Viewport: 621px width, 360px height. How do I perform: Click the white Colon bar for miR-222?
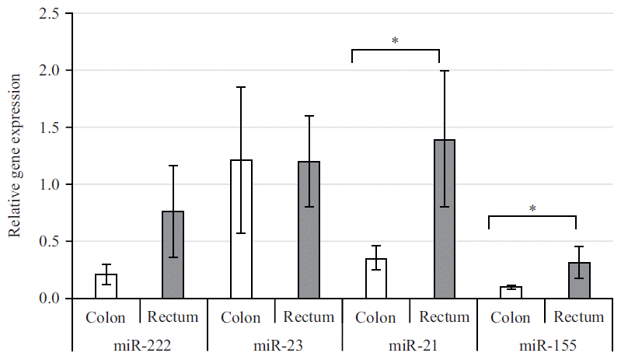(106, 286)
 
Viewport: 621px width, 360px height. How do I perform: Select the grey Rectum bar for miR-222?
(173, 255)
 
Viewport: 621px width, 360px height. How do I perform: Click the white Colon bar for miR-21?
(376, 278)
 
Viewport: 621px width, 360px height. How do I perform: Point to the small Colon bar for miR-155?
(511, 292)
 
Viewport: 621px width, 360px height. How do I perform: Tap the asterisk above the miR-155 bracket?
(532, 208)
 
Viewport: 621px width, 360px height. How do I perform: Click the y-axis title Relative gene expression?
(13, 156)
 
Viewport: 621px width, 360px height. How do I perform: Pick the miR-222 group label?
(139, 343)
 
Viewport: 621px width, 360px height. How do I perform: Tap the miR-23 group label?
(274, 343)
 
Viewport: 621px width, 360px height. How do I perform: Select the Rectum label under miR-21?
(444, 317)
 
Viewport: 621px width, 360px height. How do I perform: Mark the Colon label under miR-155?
(511, 317)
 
